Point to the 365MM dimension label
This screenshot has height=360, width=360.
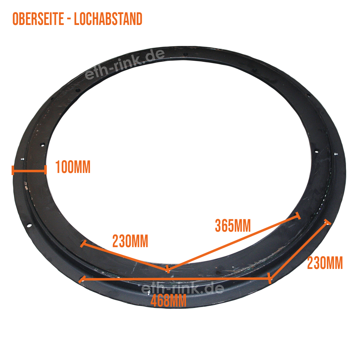(x=232, y=225)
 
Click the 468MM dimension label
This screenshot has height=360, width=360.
(x=168, y=301)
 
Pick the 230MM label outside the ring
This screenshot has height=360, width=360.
(x=324, y=263)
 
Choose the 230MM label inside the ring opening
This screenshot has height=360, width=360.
(x=130, y=241)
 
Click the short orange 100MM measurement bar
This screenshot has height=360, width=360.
(x=29, y=170)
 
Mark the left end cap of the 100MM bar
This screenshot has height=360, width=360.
(x=13, y=170)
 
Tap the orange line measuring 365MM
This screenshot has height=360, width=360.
(x=232, y=243)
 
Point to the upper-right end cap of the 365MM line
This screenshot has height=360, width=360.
(x=298, y=216)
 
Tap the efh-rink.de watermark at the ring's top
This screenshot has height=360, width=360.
(x=125, y=65)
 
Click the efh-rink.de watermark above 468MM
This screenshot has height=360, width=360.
(x=182, y=289)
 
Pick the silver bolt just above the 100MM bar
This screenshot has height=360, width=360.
(x=22, y=159)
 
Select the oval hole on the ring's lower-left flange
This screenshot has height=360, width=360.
(x=29, y=225)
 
